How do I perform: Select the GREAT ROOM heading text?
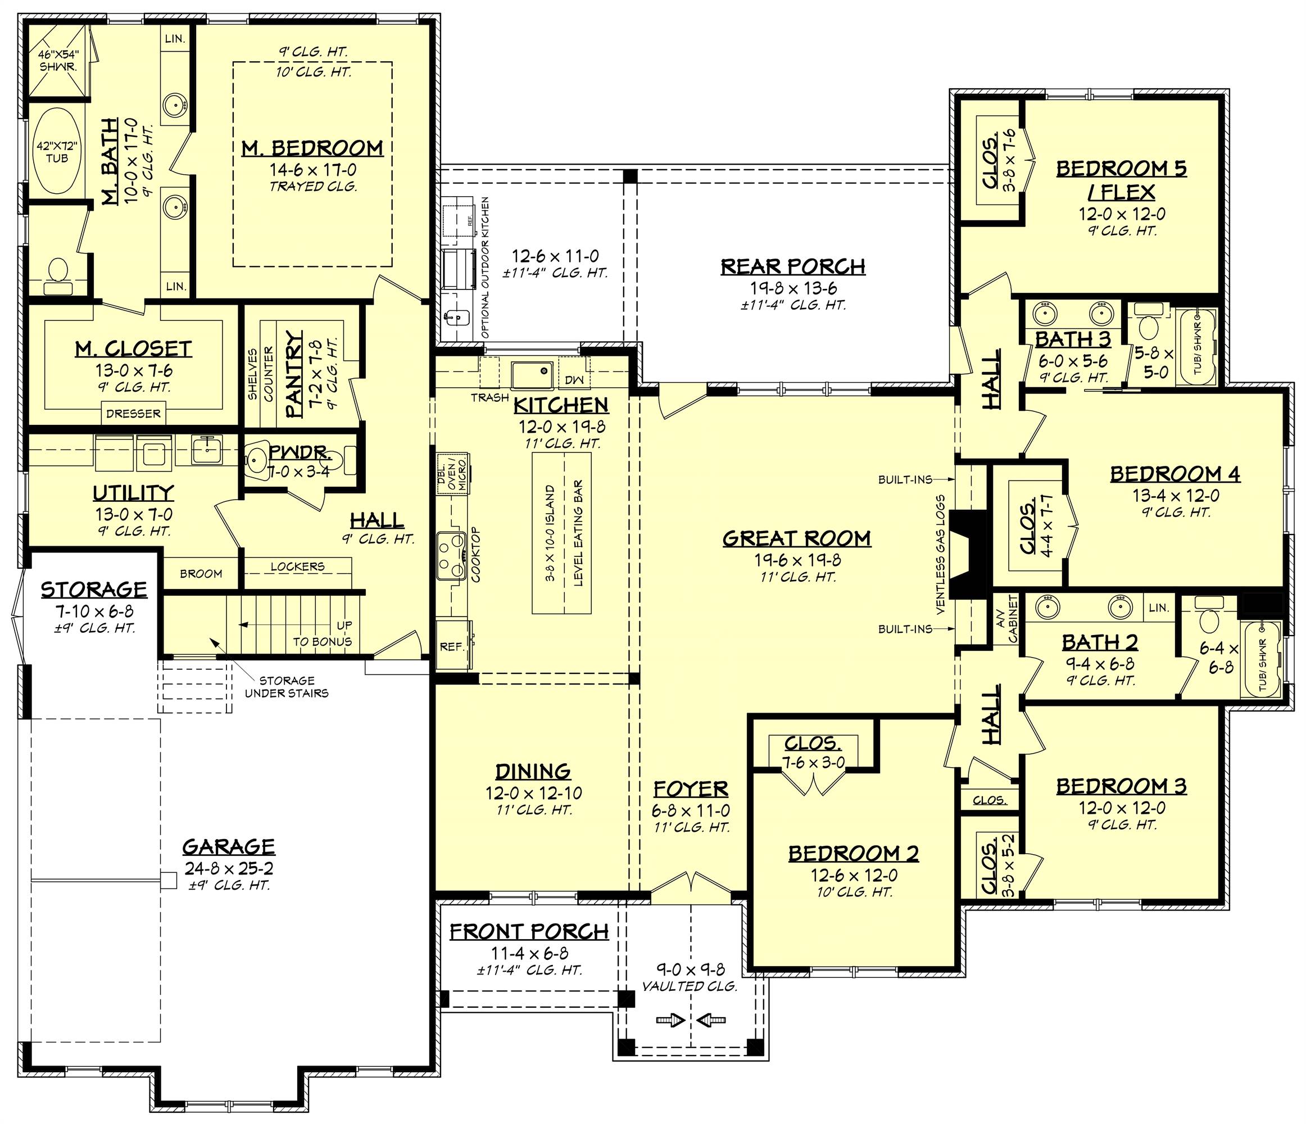[796, 538]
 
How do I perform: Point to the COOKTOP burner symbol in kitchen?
[451, 553]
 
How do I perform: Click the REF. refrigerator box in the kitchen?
[452, 646]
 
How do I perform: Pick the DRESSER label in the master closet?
[133, 414]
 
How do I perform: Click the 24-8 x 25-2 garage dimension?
[229, 868]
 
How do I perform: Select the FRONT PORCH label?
[529, 931]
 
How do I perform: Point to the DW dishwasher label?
[574, 379]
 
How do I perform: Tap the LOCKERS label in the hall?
[297, 566]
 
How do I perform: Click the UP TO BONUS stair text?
[322, 633]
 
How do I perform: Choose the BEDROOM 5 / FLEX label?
[1121, 180]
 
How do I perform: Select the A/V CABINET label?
[1006, 620]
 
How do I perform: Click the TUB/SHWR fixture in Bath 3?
[1196, 345]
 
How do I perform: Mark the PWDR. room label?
[299, 452]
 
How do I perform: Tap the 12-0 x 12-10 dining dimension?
[533, 793]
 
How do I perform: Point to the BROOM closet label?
[201, 573]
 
